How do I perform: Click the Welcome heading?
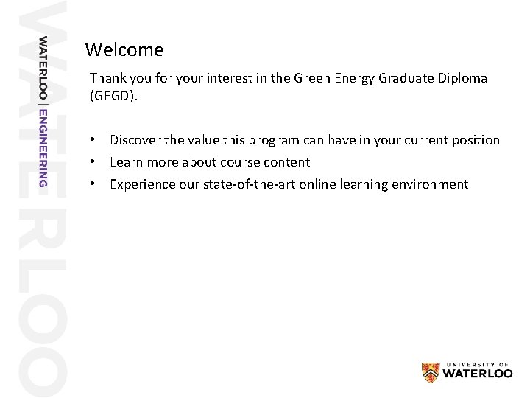[124, 50]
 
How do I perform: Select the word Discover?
[136, 140]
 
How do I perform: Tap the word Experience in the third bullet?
[142, 184]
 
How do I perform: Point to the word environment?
[429, 184]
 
